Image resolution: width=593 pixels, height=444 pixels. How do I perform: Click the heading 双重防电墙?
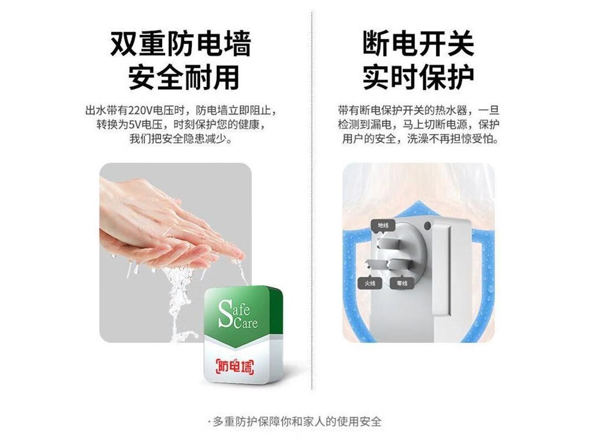[x=181, y=44]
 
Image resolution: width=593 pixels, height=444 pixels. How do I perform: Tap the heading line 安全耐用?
[x=184, y=77]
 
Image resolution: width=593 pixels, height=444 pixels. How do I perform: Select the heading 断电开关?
[x=418, y=44]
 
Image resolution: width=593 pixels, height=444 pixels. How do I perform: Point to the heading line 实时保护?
[x=418, y=77]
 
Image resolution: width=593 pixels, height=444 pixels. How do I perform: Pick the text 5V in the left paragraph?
[x=135, y=124]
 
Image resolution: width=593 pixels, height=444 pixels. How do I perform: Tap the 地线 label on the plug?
[x=383, y=225]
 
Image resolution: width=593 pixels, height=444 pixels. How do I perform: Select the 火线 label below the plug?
[x=370, y=283]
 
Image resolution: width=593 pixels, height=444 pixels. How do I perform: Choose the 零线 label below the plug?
[x=402, y=283]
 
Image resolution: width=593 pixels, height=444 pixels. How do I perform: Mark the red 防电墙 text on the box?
[x=235, y=366]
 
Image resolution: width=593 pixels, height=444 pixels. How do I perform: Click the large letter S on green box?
[x=225, y=313]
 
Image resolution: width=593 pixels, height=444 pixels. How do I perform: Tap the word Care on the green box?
[x=246, y=323]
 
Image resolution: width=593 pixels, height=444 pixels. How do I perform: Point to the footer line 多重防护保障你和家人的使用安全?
[x=297, y=421]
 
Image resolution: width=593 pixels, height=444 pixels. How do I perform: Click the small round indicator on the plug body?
[x=427, y=226]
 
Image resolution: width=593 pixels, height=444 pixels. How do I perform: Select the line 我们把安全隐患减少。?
[x=181, y=139]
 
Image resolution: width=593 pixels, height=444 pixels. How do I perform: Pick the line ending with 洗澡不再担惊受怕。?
[x=420, y=139]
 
